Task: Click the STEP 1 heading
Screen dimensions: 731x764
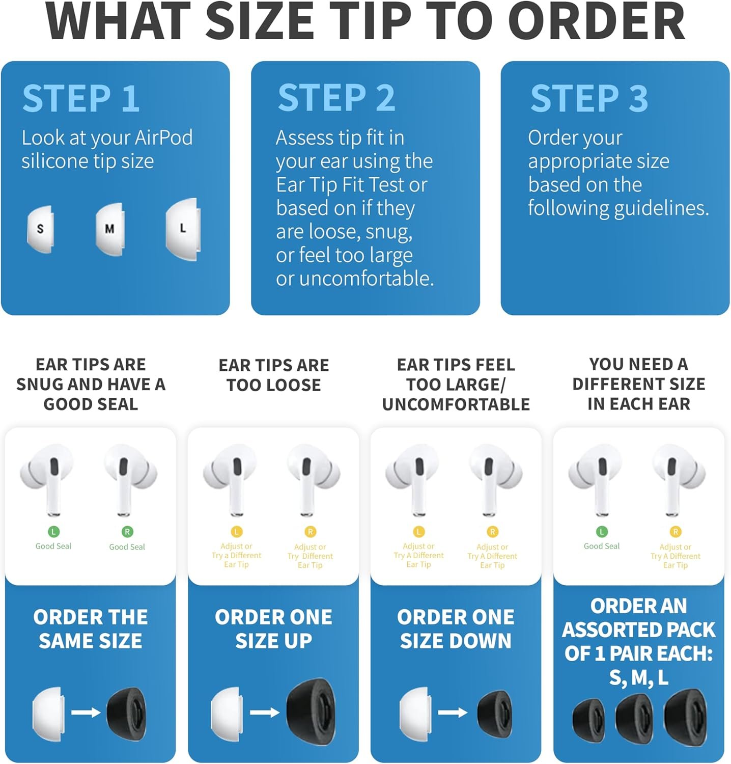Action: pyautogui.click(x=81, y=98)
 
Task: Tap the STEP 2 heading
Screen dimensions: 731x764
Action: pyautogui.click(x=336, y=98)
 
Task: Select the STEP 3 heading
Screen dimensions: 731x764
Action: pyautogui.click(x=589, y=98)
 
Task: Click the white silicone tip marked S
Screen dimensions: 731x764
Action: pyautogui.click(x=40, y=229)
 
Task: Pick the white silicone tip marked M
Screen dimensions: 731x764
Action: pyautogui.click(x=109, y=229)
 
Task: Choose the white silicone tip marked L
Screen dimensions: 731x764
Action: pyautogui.click(x=182, y=229)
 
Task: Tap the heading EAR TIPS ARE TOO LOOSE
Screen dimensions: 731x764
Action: pyautogui.click(x=274, y=375)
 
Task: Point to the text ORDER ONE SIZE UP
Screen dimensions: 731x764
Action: pyautogui.click(x=273, y=629)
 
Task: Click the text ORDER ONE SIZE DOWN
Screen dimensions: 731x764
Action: pyautogui.click(x=456, y=629)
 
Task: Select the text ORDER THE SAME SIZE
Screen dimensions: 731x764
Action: pyautogui.click(x=91, y=629)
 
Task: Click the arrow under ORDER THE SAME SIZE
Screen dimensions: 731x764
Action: pyautogui.click(x=86, y=712)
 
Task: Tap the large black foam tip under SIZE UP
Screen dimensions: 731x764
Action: pyautogui.click(x=311, y=712)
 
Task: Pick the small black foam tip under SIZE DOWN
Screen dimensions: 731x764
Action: pyautogui.click(x=494, y=713)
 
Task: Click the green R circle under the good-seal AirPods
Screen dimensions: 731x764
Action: pyautogui.click(x=127, y=532)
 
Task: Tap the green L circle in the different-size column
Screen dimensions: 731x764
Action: pyautogui.click(x=602, y=532)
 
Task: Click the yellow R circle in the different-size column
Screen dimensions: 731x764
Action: pyautogui.click(x=676, y=532)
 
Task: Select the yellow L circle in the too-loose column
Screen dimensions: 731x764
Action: pyautogui.click(x=236, y=532)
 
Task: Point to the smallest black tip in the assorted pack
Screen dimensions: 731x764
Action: pyautogui.click(x=588, y=721)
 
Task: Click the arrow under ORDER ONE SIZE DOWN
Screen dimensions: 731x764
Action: pyautogui.click(x=453, y=712)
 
